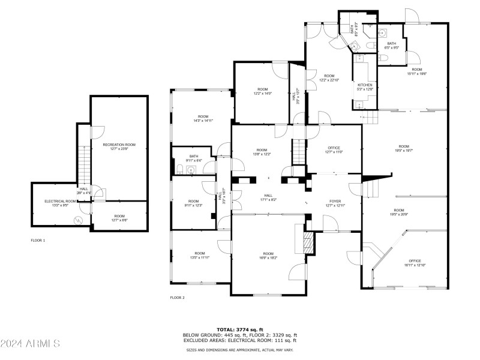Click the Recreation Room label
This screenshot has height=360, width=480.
(119, 147)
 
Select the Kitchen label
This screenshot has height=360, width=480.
(365, 87)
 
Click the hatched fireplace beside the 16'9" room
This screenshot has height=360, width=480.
(307, 244)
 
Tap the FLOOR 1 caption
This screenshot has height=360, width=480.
(38, 240)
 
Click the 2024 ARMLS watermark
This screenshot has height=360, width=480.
(30, 344)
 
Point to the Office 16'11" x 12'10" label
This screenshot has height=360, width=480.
(414, 263)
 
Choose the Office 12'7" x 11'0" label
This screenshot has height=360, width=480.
(334, 150)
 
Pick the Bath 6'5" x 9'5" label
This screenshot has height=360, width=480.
(392, 45)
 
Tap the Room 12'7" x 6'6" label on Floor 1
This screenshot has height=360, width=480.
(119, 218)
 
